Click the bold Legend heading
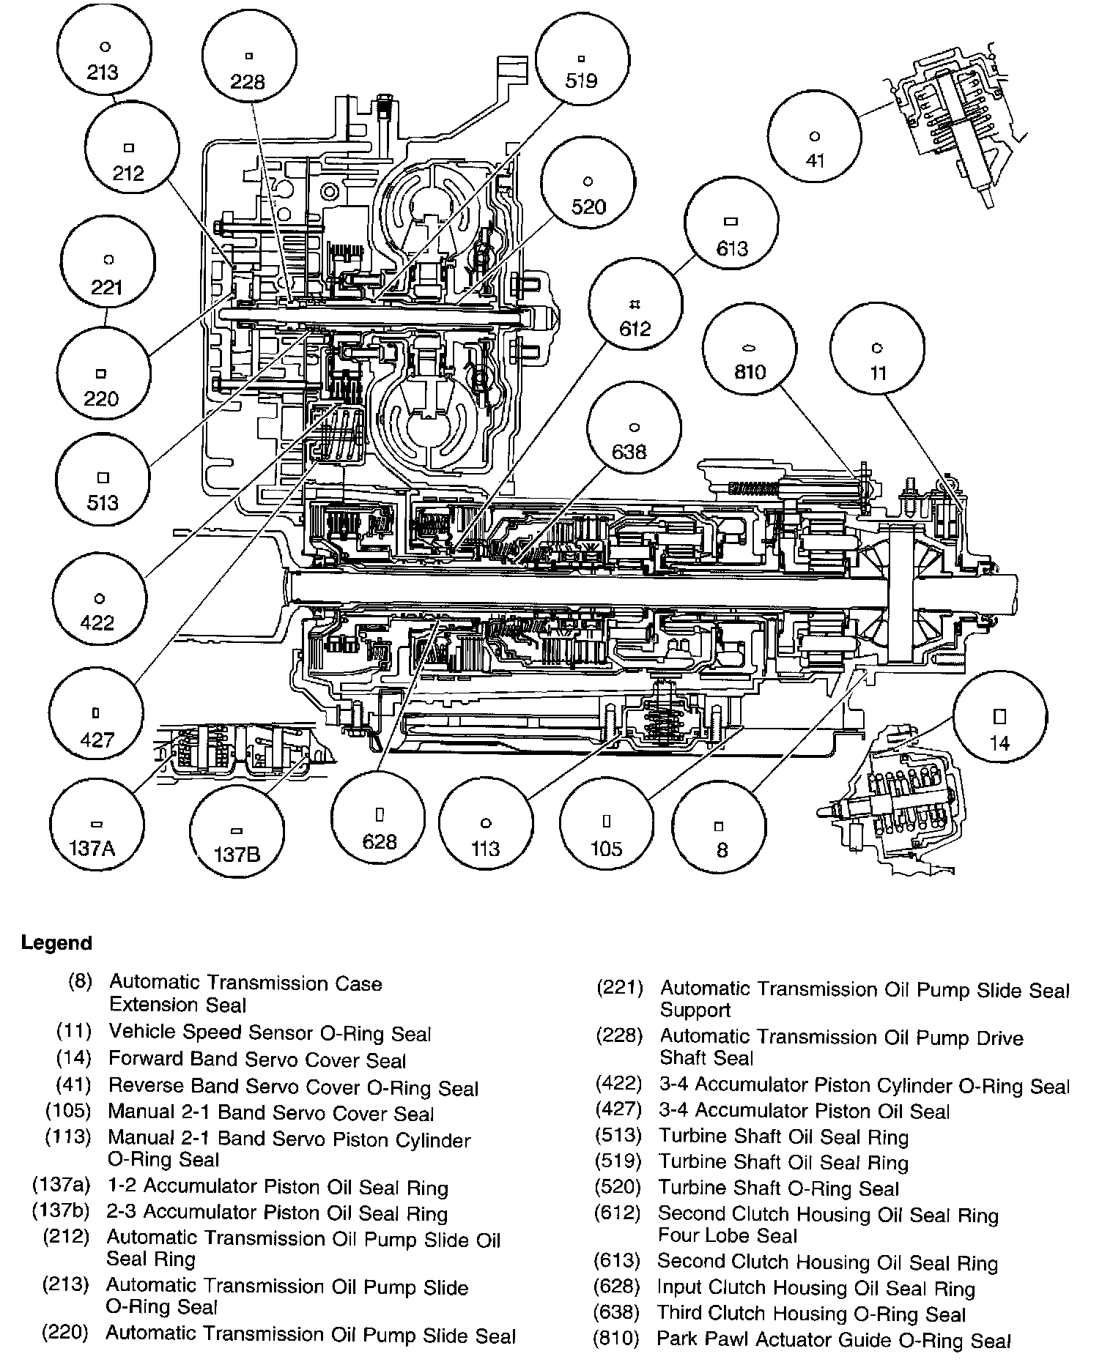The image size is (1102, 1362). click(x=57, y=942)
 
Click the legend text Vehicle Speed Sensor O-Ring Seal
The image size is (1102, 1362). click(x=270, y=1033)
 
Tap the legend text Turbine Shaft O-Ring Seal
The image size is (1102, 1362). click(x=778, y=1188)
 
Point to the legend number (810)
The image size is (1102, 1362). click(x=617, y=1339)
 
